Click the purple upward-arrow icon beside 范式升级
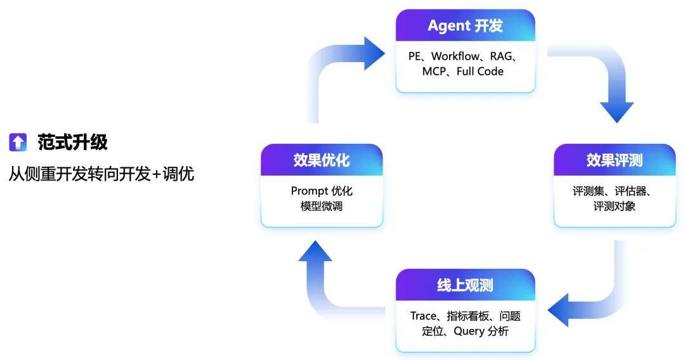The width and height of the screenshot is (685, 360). point(18,143)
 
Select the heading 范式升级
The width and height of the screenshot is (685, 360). point(72,143)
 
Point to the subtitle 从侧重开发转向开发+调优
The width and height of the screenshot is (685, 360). point(101,174)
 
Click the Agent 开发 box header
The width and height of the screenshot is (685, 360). point(465,26)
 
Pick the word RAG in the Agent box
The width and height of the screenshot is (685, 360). point(504,56)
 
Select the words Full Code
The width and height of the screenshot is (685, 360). point(480,72)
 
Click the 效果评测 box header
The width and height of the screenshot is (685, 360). point(614,160)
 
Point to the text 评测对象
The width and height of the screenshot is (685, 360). point(614,206)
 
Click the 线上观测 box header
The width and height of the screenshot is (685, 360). point(465,285)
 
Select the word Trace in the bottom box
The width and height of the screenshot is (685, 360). point(423,316)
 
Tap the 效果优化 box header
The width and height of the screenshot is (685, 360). point(322,160)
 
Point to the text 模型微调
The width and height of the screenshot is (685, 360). point(322,206)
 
